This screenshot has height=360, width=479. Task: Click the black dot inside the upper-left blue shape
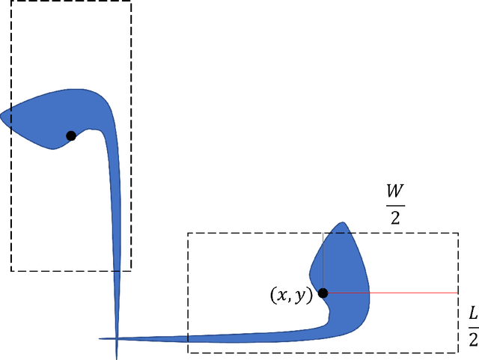click(71, 135)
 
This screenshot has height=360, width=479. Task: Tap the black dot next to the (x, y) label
click(323, 293)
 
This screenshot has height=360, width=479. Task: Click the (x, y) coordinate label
click(291, 295)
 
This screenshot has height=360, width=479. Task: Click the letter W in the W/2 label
click(396, 189)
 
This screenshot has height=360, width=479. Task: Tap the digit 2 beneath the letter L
click(472, 339)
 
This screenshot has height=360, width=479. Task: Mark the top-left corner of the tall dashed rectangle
click(10, 1)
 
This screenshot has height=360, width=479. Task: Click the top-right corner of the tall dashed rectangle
click(131, 1)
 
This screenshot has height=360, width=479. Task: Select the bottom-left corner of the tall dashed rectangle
click(10, 270)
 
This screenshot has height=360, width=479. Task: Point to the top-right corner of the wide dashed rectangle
click(457, 233)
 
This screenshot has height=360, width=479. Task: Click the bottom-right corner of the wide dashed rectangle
click(457, 352)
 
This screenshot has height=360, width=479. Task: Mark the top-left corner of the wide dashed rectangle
click(188, 233)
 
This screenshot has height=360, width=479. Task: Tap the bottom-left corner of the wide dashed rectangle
click(188, 352)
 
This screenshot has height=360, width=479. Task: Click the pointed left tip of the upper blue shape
click(1, 115)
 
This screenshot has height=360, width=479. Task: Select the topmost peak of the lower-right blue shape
click(343, 222)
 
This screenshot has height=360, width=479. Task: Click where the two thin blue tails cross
click(117, 339)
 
